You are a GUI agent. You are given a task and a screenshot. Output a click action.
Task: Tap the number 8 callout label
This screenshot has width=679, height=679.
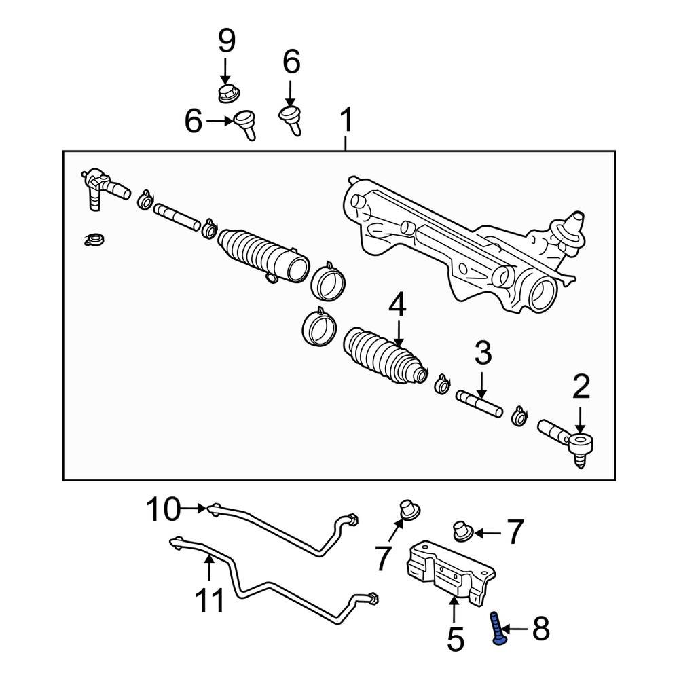pyautogui.click(x=540, y=629)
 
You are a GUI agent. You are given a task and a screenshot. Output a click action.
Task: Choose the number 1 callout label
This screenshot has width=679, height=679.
pyautogui.click(x=346, y=122)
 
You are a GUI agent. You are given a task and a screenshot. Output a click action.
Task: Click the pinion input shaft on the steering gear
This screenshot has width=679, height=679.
pyautogui.click(x=574, y=222)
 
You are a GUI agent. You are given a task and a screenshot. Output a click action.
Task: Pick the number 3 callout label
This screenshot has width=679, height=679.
pyautogui.click(x=482, y=352)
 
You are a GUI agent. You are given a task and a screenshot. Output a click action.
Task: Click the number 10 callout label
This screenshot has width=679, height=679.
pyautogui.click(x=164, y=507)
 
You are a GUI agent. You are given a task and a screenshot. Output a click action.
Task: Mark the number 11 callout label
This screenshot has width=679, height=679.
pyautogui.click(x=210, y=600)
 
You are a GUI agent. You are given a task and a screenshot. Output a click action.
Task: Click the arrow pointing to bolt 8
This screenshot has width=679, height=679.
pyautogui.click(x=517, y=629)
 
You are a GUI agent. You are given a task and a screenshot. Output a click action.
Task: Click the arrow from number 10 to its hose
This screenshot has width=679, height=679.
pyautogui.click(x=194, y=507)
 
